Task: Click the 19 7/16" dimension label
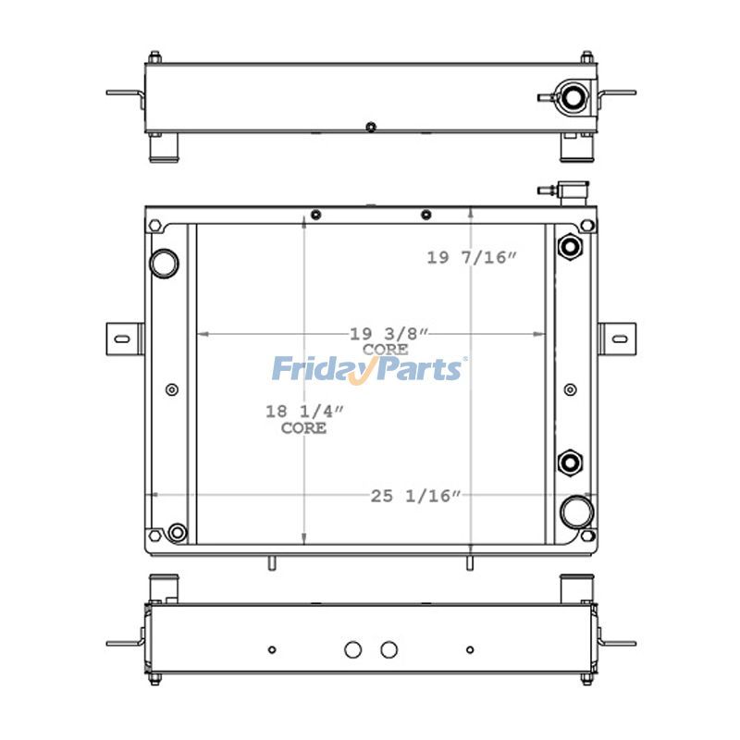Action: pyautogui.click(x=472, y=258)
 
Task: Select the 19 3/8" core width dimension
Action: pyautogui.click(x=388, y=334)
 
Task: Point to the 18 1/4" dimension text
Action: pyautogui.click(x=304, y=412)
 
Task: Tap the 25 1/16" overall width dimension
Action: pyautogui.click(x=415, y=496)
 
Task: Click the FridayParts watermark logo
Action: pyautogui.click(x=369, y=369)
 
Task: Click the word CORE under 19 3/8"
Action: pyautogui.click(x=386, y=350)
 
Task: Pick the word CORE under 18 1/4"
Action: pyautogui.click(x=304, y=428)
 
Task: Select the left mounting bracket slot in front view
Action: pyautogui.click(x=122, y=339)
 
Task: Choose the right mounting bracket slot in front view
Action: pyautogui.click(x=620, y=339)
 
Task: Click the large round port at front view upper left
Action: pyautogui.click(x=164, y=264)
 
